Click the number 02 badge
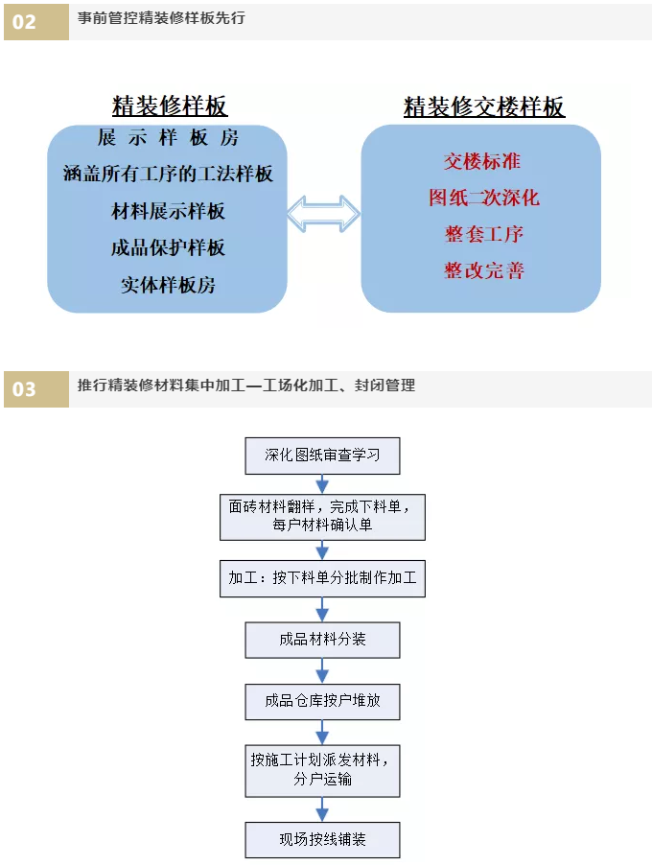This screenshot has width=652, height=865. tap(35, 22)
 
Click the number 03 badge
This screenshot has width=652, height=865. tap(35, 389)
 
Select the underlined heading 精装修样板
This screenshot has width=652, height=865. tap(170, 105)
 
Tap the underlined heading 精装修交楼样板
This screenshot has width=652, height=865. tap(484, 106)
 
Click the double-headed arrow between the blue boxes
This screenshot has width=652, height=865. tap(323, 214)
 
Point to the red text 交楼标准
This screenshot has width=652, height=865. tap(482, 161)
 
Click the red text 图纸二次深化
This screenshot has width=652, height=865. tap(484, 198)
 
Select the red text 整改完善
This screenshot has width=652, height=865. tap(484, 270)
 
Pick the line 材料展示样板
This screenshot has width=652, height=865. tap(168, 211)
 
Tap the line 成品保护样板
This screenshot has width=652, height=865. tap(168, 247)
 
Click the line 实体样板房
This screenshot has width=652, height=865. tap(168, 285)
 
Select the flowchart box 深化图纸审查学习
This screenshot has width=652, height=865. tap(323, 456)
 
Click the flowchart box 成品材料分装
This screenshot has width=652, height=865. tap(323, 640)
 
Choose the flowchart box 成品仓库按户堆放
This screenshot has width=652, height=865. tap(323, 702)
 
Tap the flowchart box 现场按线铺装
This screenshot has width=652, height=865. tap(323, 840)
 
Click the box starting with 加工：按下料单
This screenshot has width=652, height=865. tap(323, 578)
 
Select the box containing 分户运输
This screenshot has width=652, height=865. tap(323, 771)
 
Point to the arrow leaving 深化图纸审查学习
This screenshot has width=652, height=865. tap(323, 483)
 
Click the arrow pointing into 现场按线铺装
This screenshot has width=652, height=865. tap(323, 809)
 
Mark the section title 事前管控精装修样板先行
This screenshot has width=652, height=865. tap(161, 18)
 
